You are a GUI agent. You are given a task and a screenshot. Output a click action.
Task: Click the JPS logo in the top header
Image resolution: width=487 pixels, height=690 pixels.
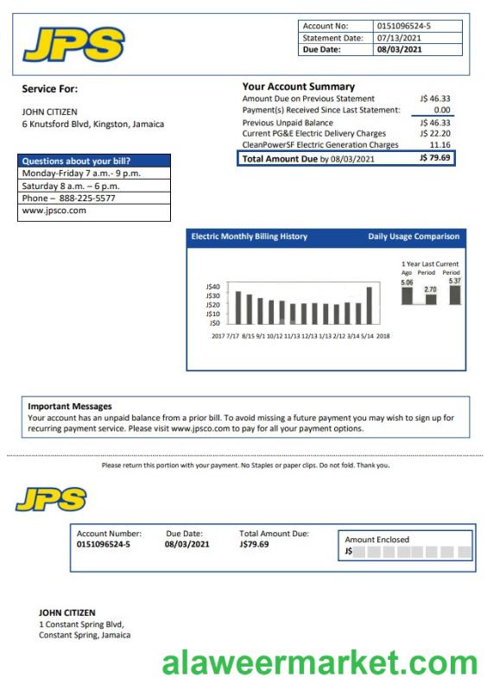[x=73, y=44]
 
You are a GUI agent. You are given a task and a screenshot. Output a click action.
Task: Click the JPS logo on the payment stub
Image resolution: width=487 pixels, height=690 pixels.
[x=51, y=499]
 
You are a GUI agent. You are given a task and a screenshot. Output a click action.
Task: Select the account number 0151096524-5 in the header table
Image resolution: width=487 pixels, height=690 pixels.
[x=403, y=26]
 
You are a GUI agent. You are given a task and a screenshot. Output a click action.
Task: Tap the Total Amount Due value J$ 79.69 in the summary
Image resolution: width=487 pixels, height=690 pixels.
[x=434, y=159]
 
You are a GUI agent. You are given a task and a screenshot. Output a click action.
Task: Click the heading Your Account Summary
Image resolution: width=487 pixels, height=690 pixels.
[x=298, y=86]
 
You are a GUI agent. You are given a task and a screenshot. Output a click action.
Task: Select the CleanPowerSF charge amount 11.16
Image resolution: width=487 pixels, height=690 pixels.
[x=440, y=145]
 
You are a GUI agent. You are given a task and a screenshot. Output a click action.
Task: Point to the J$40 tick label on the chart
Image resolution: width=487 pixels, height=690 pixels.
[x=213, y=287]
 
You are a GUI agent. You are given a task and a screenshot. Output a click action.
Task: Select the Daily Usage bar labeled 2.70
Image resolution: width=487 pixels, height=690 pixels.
[x=430, y=299]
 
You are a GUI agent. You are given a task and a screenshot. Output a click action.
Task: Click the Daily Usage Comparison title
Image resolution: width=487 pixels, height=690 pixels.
[x=414, y=237]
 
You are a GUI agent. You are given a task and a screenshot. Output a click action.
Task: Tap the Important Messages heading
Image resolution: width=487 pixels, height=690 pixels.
[x=70, y=406]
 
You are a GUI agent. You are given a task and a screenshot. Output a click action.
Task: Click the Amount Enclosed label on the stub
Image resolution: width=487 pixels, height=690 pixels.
[x=376, y=540]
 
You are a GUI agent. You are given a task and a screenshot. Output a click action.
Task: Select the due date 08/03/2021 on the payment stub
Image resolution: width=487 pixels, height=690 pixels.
[x=187, y=544]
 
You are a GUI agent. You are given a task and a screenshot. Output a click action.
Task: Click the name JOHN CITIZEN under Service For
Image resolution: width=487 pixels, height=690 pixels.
[x=49, y=112]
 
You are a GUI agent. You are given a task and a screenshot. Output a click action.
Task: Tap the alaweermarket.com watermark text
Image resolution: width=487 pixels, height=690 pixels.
[x=319, y=664]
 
